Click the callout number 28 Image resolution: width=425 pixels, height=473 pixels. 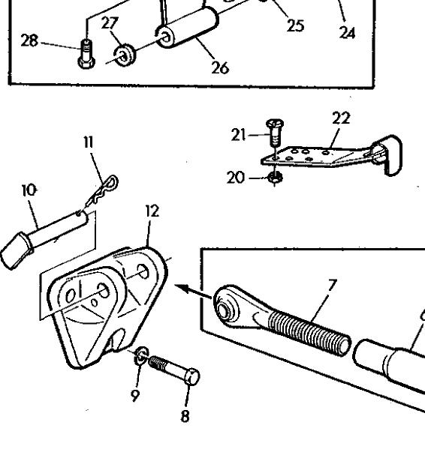click(29, 40)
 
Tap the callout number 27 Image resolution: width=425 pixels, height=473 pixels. click(110, 22)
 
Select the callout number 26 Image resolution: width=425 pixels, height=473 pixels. click(220, 67)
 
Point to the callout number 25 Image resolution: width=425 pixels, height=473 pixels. click(295, 25)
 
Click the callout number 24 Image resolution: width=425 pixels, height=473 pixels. click(347, 32)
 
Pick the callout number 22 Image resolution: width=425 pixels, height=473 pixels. click(341, 118)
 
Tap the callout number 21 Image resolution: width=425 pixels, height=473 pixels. click(239, 134)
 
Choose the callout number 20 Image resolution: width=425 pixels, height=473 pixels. click(236, 178)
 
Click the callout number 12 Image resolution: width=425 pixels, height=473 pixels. click(152, 211)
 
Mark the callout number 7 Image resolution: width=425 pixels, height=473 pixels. click(332, 285)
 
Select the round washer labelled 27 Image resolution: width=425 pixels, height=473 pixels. click(125, 55)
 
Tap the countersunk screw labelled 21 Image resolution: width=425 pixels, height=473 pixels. click(275, 131)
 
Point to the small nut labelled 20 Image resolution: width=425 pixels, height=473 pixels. click(275, 177)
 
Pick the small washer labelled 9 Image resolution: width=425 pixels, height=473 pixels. click(141, 355)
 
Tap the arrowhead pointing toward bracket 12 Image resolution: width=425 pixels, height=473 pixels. click(182, 288)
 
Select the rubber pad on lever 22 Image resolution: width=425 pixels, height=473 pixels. click(388, 154)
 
